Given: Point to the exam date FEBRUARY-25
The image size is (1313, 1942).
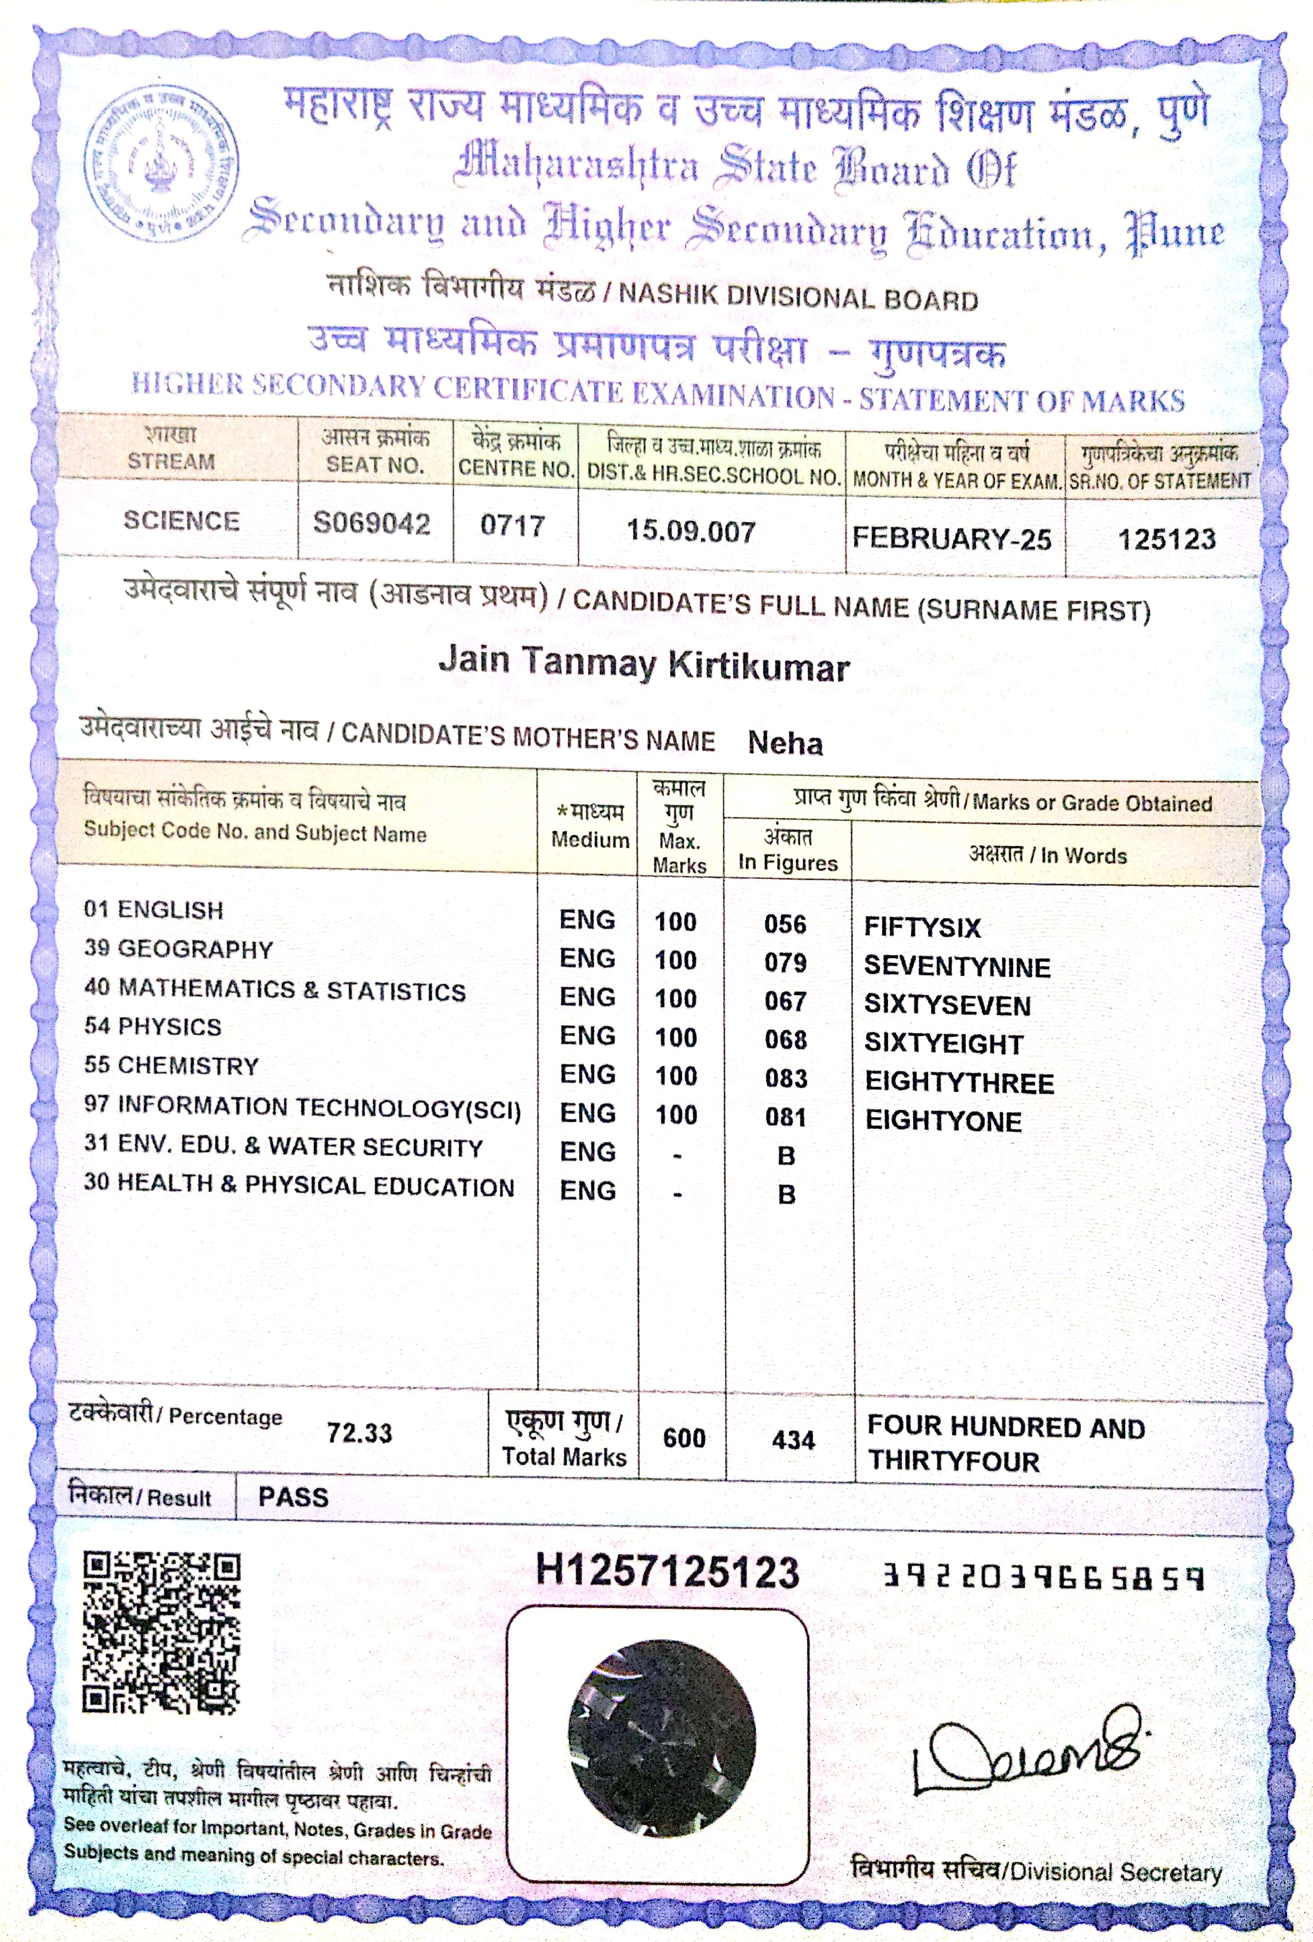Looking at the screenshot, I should click(x=951, y=539).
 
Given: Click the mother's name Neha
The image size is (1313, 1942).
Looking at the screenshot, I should click(x=785, y=743).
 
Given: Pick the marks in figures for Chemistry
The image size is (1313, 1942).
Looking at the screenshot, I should click(x=786, y=1078).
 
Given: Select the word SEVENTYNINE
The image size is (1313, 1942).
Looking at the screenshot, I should click(x=957, y=967).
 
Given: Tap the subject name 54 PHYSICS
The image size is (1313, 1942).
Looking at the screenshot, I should click(x=153, y=1027).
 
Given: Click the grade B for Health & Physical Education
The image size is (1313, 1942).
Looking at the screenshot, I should click(x=786, y=1195).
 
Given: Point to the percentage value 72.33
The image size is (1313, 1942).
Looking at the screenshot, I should click(x=359, y=1433).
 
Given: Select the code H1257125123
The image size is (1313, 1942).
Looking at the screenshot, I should click(x=667, y=1571).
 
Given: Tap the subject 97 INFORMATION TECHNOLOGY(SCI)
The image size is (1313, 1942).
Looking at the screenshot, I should click(x=302, y=1107).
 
